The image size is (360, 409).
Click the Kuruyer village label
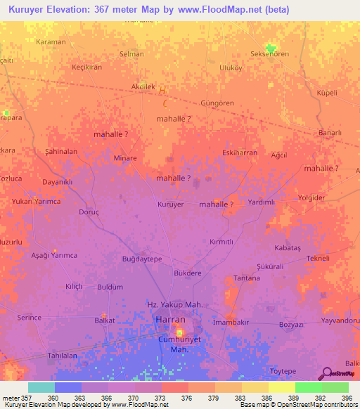coord(170,204)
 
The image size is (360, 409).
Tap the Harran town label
coord(169,320)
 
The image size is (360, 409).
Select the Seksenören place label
coord(270,54)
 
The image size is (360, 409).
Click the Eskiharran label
coord(240,152)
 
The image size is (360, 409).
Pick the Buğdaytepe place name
coord(143,259)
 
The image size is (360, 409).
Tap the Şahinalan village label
coord(61,151)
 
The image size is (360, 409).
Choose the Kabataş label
coord(288,248)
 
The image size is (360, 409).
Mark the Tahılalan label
coord(61,356)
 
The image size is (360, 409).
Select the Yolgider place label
coord(312,198)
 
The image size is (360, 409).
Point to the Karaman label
coord(51,42)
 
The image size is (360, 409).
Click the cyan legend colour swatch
coord(41,387)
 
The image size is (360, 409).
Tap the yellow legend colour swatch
coord(281,387)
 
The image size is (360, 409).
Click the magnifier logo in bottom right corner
coord(326,374)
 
